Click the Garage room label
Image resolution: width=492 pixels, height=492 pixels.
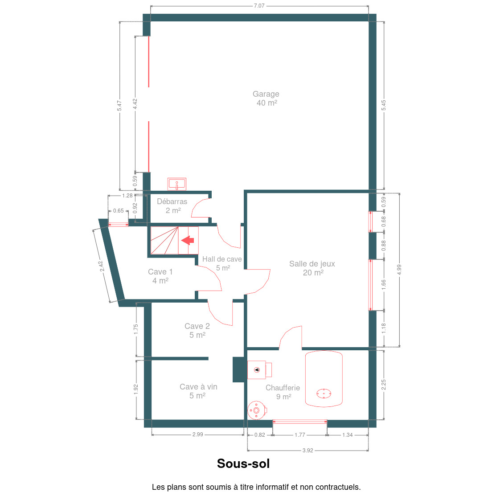tap(266, 98)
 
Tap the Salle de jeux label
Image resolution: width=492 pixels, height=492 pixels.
tap(312, 268)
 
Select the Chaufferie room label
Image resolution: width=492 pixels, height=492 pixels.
tap(283, 392)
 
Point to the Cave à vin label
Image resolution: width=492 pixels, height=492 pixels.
tap(198, 391)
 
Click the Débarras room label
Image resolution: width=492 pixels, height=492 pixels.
tap(172, 206)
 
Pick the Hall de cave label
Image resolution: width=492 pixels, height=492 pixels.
tap(222, 263)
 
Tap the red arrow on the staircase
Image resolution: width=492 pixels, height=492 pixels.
tap(188, 240)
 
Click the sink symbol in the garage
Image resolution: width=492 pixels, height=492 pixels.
tap(176, 184)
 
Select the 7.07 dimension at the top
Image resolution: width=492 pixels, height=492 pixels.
tap(259, 6)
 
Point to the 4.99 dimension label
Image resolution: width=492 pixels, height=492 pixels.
tap(399, 270)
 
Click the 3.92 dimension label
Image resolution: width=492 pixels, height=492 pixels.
tap(308, 450)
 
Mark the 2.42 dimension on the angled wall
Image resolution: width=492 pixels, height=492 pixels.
tap(101, 266)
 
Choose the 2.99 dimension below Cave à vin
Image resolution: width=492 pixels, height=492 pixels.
tap(198, 434)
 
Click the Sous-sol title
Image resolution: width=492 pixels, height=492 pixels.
tap(243, 463)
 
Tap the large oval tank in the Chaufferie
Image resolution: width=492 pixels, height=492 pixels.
tap(324, 379)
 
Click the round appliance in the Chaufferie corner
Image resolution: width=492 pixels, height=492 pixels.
tap(257, 410)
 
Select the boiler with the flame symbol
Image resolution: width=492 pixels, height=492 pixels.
tap(259, 370)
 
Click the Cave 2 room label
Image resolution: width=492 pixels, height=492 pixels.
tap(197, 330)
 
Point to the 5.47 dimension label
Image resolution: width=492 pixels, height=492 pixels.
tap(119, 106)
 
